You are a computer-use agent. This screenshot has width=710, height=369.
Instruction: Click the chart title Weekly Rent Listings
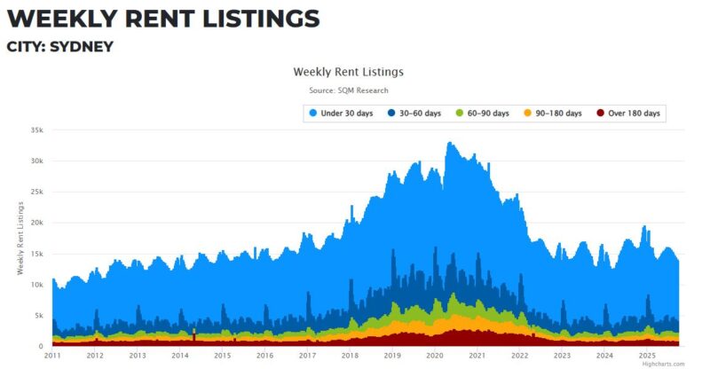point(348,71)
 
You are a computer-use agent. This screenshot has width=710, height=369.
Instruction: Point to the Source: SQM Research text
point(348,90)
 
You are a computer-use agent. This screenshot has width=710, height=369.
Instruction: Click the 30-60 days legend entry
point(416,114)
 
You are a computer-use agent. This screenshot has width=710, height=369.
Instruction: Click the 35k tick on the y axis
point(36,130)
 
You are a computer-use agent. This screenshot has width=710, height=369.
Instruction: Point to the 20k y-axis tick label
point(36,223)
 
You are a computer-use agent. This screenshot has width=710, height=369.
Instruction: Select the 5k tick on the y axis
point(38,316)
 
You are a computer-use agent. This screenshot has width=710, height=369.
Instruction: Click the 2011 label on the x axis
point(52,356)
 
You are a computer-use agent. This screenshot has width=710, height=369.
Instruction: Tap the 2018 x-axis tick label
point(350,356)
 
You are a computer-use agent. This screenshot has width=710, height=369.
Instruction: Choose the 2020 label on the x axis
point(435,356)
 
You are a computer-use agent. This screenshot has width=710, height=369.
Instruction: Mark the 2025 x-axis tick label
point(647,356)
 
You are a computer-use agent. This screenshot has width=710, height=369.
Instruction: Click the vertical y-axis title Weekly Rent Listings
point(20,238)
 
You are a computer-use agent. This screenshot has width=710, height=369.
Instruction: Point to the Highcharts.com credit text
point(664,364)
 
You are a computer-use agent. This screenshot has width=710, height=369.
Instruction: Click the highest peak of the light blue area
point(450,143)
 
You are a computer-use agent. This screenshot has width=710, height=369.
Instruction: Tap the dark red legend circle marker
point(601,114)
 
